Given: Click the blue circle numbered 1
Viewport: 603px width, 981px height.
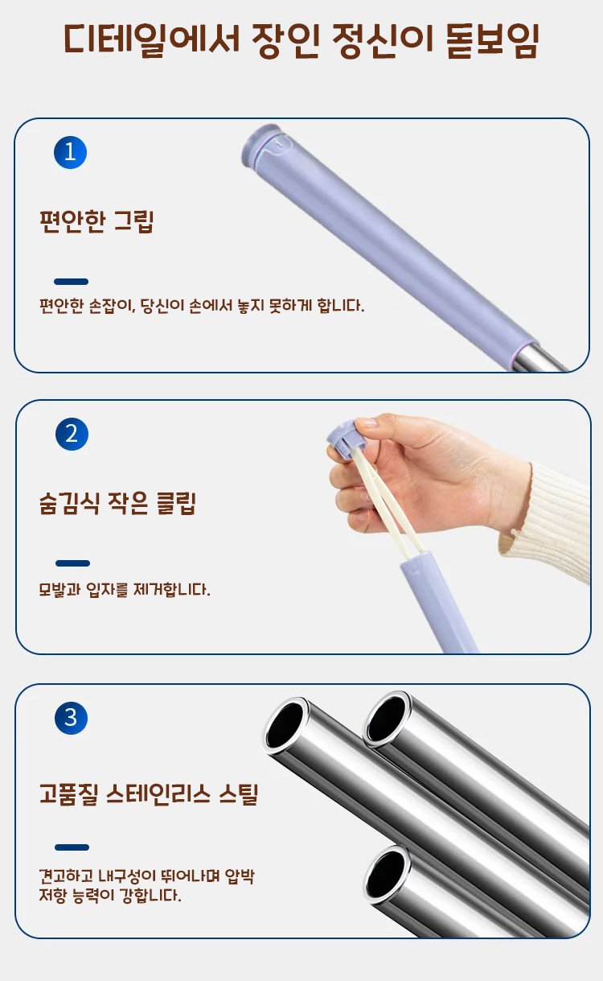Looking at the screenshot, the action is [x=70, y=152].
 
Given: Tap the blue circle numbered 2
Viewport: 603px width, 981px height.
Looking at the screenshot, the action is [x=72, y=434].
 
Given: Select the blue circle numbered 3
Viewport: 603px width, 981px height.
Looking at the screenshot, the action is [x=72, y=718].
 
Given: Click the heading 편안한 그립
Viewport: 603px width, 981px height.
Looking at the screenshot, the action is [x=96, y=221].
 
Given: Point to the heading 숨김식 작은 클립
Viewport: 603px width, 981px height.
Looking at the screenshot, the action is [x=117, y=503].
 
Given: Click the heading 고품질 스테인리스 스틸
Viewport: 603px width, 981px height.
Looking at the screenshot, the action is [x=149, y=794].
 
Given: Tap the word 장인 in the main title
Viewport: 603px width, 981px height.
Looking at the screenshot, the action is [x=285, y=40].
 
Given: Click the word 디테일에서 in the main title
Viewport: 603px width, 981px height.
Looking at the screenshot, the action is [x=152, y=39].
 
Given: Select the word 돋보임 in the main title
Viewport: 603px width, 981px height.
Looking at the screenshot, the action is [x=492, y=40].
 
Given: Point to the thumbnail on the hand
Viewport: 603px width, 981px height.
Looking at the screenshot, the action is [x=366, y=423].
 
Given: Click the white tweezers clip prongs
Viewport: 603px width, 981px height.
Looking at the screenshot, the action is [x=388, y=504].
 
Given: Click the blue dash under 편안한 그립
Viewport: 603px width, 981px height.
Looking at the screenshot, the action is [x=72, y=282].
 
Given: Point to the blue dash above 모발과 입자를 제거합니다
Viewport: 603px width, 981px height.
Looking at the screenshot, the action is [x=72, y=563].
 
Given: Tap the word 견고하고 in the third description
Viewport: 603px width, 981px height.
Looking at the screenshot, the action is [x=66, y=876].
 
